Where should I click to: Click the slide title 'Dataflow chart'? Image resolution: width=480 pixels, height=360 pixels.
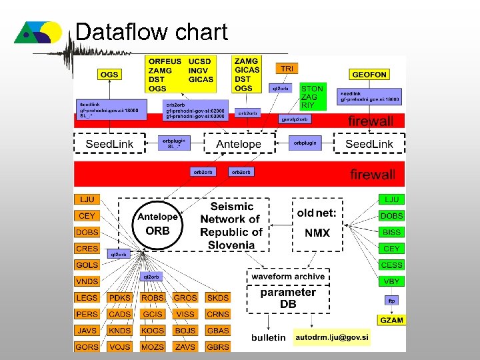tap(151, 32)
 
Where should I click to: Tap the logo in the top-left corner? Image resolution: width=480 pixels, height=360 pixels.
tap(39, 33)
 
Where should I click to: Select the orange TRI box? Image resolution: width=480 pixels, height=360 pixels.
tap(287, 69)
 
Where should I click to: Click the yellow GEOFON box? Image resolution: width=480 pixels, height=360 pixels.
tap(369, 75)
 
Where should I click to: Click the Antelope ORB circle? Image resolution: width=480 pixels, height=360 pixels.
tap(157, 224)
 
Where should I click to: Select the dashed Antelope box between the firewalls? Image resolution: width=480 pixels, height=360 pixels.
tap(239, 144)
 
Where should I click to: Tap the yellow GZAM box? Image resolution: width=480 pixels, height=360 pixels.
tap(391, 320)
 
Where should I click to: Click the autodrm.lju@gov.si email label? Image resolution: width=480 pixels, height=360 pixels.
tap(331, 337)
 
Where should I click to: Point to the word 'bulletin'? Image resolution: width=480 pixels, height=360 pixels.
tap(269, 338)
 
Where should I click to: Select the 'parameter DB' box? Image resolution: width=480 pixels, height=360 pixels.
tap(288, 298)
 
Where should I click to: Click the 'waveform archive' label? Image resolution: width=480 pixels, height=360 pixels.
tap(288, 276)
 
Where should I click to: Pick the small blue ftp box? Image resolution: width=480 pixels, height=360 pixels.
tap(391, 301)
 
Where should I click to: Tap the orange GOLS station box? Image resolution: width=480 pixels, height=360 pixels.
tap(87, 265)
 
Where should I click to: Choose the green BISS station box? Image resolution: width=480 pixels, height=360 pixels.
tap(391, 232)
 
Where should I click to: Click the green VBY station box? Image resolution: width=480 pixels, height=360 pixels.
tap(391, 281)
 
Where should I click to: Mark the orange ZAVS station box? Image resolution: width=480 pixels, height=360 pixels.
tap(185, 347)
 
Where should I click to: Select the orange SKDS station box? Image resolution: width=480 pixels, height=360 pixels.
tap(217, 297)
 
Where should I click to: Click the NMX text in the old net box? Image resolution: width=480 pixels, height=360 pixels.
tap(317, 233)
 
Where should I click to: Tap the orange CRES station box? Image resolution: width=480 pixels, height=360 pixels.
tap(87, 248)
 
